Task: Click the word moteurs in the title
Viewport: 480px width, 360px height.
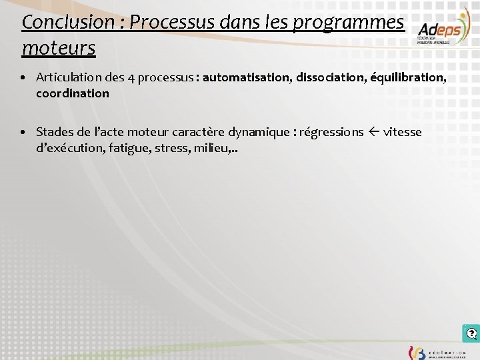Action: (x=59, y=48)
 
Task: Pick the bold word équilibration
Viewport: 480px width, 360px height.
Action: (x=409, y=77)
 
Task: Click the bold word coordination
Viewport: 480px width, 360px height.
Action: (x=73, y=93)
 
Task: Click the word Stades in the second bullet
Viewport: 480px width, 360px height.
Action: (x=55, y=132)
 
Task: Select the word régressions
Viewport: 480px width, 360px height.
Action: (x=331, y=132)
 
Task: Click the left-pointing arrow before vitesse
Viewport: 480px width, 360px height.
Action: (x=373, y=132)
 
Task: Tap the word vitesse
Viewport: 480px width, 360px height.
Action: (x=403, y=132)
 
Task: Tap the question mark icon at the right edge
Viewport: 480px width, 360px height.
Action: (x=471, y=333)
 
